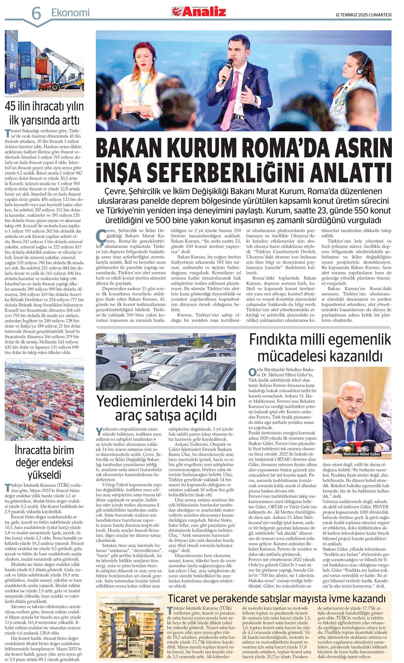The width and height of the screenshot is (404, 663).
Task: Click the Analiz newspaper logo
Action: [199, 11]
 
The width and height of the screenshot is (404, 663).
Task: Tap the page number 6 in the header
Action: [36, 13]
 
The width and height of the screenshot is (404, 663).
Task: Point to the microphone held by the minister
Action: [226, 70]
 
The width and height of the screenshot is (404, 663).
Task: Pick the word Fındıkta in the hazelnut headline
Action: [275, 339]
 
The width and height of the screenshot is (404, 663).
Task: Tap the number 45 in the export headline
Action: [11, 106]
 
